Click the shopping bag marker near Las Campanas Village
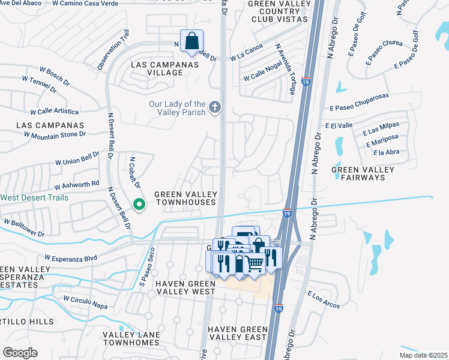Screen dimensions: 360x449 [x=191, y=42]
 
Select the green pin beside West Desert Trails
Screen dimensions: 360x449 [x=139, y=205]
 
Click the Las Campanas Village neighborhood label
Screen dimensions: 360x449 [x=152, y=68]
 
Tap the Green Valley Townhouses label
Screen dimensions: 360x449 [x=185, y=198]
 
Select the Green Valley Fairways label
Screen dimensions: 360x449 [x=363, y=174]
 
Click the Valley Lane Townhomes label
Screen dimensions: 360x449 [x=131, y=338]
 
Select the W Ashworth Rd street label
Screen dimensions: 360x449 [x=77, y=185]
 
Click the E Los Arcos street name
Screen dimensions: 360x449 [x=324, y=300]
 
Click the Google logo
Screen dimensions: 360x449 [x=20, y=352]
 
